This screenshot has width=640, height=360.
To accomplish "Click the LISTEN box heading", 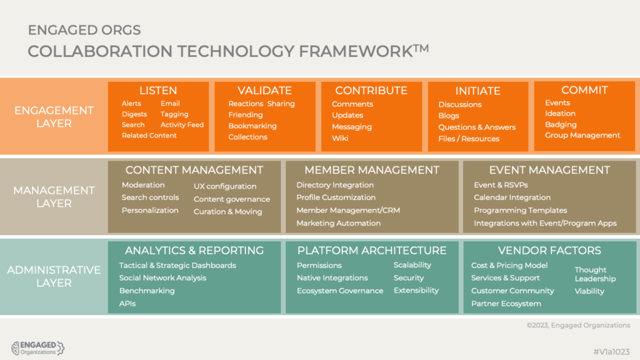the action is pos(158,90).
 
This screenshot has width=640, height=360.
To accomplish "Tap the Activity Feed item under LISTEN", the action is pos(182,124).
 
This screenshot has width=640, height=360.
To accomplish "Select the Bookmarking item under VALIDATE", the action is pos(252,126).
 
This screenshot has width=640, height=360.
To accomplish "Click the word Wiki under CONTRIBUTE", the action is pos(340,138).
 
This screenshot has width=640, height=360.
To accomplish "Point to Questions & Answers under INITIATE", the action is pos(477,127).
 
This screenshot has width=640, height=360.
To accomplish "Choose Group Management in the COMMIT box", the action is pos(582,135).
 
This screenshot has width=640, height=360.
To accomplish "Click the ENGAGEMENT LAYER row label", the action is pos(54,117).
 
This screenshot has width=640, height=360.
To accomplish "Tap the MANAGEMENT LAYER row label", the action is pos(54,197).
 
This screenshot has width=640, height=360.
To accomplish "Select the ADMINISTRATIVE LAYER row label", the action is pos(54,276).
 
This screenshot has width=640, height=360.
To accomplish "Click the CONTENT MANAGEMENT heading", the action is pos(194,170).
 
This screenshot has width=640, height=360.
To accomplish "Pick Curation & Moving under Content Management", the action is pos(227,211).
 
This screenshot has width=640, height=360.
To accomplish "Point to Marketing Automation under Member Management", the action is pos(338,223).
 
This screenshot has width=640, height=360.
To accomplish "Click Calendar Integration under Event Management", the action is pos(512,197).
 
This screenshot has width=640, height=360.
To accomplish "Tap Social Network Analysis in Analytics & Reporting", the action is pos(162,278).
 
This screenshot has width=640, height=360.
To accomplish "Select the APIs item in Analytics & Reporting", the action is pos(127,304).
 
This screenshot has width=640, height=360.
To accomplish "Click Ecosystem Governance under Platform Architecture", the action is pos(340,291).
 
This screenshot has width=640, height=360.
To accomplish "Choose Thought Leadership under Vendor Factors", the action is pos(595,274).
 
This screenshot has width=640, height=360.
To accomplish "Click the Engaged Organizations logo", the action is pos(37,348).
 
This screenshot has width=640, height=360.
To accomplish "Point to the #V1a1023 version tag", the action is pos(611,352).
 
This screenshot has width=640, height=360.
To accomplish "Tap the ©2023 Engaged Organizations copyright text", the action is pos(578,325).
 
